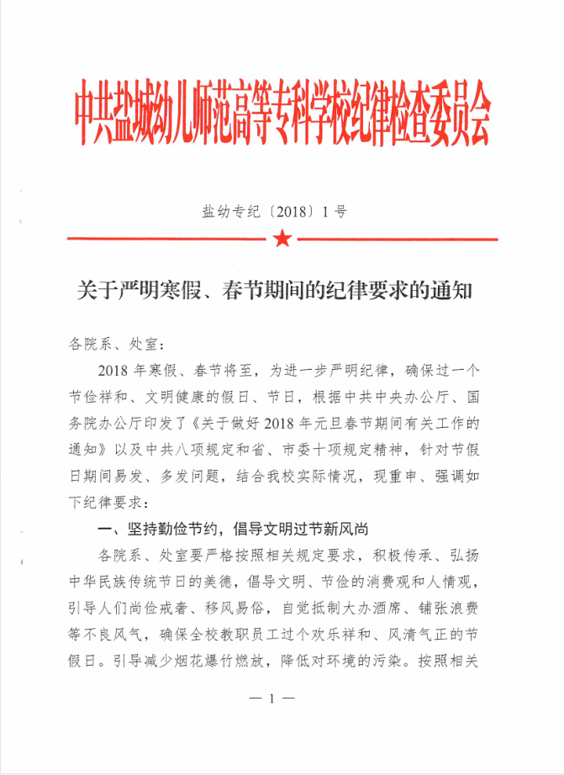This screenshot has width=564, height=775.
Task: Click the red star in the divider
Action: [282, 239]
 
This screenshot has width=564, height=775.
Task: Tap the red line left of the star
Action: [168, 239]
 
